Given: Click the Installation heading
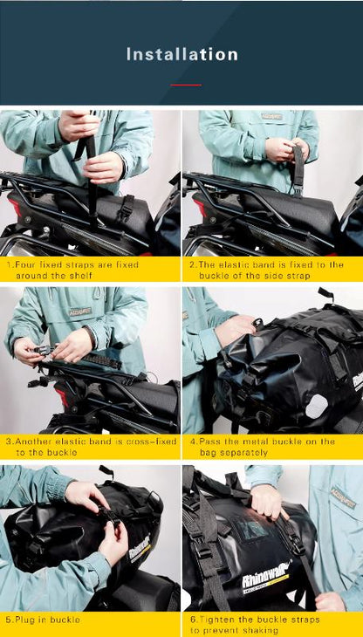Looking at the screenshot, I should pyautogui.click(x=181, y=54).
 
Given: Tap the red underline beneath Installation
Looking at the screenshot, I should pyautogui.click(x=185, y=85).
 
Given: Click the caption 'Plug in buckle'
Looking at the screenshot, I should pyautogui.click(x=44, y=620).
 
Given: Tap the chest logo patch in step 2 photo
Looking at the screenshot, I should pyautogui.click(x=271, y=116).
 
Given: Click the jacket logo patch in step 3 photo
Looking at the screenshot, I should pyautogui.click(x=81, y=311).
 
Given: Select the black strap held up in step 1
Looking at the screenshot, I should pyautogui.click(x=91, y=175).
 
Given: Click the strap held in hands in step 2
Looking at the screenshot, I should pyautogui.click(x=298, y=170).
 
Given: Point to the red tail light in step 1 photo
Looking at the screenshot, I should pyautogui.click(x=13, y=209).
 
